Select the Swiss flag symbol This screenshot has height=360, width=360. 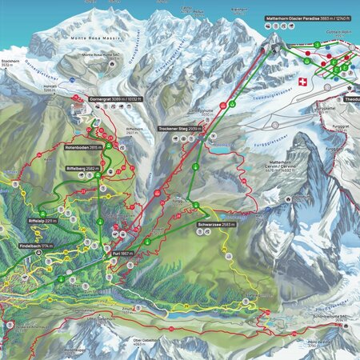(x=302, y=82)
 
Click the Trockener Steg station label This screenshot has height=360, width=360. (x=178, y=128)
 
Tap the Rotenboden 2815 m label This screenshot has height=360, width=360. (x=82, y=148)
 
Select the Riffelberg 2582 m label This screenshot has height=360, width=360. (x=82, y=169)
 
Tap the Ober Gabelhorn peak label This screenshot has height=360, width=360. (x=145, y=340)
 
